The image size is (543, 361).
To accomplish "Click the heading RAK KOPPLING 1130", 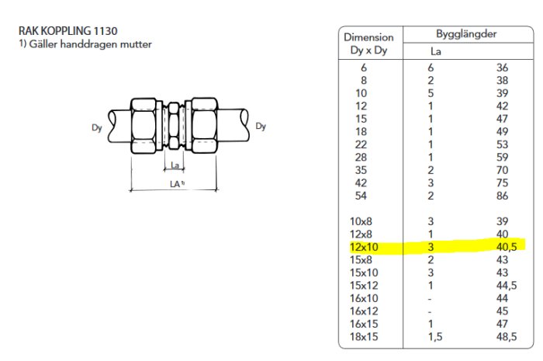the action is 68,31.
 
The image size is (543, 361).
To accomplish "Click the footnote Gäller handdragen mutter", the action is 91,44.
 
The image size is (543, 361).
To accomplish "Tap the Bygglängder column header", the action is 466,34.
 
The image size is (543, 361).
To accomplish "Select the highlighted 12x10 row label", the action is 364,247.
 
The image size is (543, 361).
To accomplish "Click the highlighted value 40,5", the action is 507,247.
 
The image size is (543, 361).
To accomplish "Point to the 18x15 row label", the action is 364,337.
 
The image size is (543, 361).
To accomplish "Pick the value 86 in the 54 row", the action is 502,196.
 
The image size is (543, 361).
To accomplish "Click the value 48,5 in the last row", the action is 507,337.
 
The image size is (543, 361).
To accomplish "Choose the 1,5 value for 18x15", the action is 435,337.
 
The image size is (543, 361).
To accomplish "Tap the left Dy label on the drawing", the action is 97,128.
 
